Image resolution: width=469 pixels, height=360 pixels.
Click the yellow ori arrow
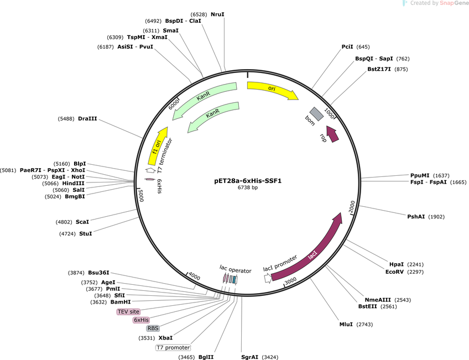[x=272, y=89]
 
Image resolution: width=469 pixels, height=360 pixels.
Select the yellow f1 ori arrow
[x=157, y=147]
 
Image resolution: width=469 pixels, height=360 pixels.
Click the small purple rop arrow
[x=332, y=134]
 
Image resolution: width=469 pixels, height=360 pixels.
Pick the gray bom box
[x=317, y=114]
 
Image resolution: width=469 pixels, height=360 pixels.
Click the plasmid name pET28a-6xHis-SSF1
[x=248, y=181]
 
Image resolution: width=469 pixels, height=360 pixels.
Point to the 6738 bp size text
[x=248, y=187]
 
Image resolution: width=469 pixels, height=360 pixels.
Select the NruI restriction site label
[x=217, y=14]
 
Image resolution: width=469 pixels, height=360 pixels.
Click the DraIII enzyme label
[x=87, y=119]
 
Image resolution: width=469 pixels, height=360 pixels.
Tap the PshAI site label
[x=416, y=216]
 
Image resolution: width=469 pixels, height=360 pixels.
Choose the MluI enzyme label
[x=346, y=324]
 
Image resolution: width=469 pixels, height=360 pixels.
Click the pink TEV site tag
[x=129, y=311]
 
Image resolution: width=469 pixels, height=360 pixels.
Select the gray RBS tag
[x=153, y=328]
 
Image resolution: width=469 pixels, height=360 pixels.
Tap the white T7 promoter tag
[x=173, y=347]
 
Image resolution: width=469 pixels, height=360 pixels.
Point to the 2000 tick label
[x=352, y=207]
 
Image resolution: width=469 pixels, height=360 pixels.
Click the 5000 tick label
[x=141, y=196]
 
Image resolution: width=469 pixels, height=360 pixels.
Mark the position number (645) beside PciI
[x=363, y=47]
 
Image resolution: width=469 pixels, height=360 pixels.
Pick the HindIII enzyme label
[x=73, y=183]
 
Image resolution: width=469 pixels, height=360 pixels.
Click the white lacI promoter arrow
[x=268, y=279]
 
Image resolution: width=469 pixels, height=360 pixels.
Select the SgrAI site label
[x=250, y=357]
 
